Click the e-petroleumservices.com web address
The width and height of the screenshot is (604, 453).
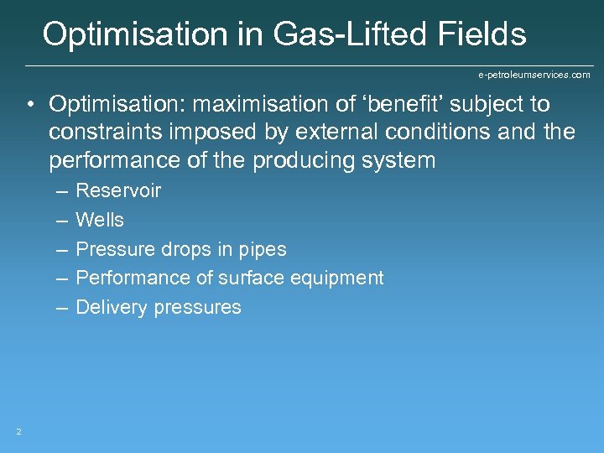(534, 75)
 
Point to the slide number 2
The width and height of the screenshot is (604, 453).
(18, 431)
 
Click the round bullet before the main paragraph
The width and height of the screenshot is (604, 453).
(29, 105)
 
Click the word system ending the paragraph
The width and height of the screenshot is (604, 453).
(394, 159)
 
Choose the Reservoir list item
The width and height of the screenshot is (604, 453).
(118, 190)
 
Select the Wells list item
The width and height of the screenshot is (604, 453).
(100, 220)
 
